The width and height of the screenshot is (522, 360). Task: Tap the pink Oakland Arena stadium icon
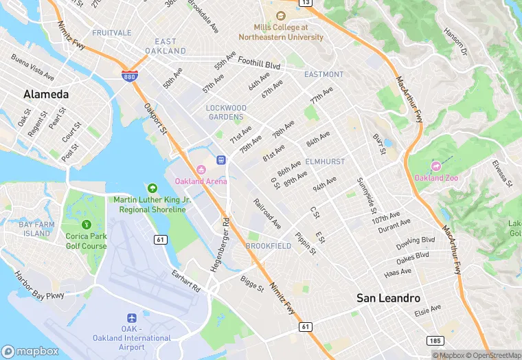point(201,170)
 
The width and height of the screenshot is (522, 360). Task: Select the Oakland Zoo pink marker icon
point(435,166)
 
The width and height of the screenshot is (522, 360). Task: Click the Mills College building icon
point(280,16)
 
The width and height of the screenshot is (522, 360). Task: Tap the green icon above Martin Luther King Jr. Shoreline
point(152,188)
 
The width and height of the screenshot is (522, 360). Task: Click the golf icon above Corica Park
point(86,225)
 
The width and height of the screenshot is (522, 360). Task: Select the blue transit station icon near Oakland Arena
point(221,159)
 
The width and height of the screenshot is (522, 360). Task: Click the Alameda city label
point(46,94)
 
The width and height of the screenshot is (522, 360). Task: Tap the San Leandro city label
point(388,298)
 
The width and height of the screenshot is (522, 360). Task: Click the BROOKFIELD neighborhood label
point(268,246)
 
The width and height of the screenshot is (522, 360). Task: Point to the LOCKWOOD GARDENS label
point(226,113)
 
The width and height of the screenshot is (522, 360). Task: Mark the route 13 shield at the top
point(305,3)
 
